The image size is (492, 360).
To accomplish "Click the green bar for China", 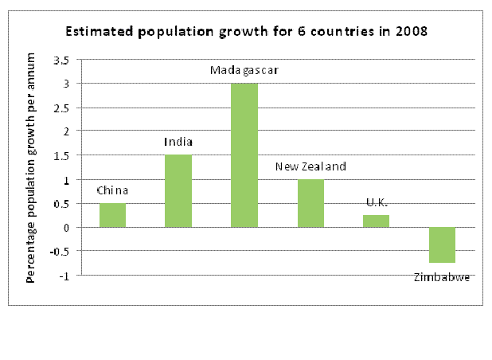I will coord(112,215).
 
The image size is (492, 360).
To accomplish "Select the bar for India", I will coord(178,191).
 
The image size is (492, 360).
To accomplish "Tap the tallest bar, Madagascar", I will coord(244,155).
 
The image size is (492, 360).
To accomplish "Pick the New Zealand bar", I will coord(310,203).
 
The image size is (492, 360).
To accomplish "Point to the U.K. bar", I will coord(376,221).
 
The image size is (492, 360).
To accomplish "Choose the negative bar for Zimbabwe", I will coord(442,245).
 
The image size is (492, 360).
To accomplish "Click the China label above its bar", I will coord(112,190).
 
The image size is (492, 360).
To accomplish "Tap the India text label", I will coord(178,143).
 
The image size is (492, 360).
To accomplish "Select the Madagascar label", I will coord(244,71).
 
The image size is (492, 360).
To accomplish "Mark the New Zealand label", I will coord(310,166).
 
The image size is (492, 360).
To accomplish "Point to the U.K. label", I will coord(376,202).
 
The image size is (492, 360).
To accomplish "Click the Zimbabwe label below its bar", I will coord(442,277).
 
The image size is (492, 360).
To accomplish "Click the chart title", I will coord(245,33).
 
